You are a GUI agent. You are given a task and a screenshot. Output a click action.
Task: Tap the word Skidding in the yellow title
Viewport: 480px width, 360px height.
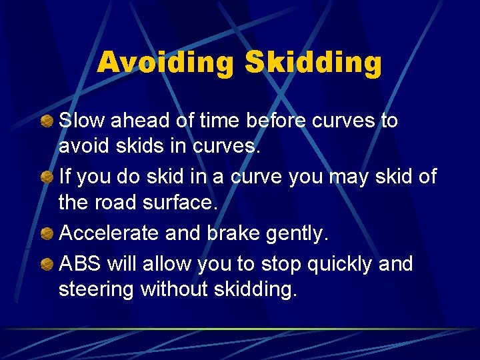click(x=313, y=64)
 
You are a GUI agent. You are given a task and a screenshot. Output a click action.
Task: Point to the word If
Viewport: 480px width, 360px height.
click(x=64, y=177)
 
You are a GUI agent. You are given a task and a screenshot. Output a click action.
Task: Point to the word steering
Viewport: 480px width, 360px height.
click(x=97, y=289)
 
